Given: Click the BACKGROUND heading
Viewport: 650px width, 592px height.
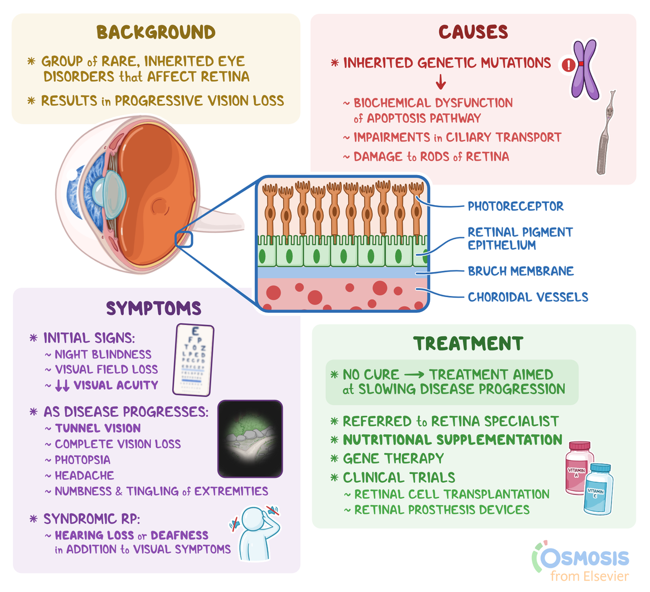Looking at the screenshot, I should [x=156, y=32].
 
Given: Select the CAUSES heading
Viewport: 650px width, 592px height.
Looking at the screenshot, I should [x=473, y=32].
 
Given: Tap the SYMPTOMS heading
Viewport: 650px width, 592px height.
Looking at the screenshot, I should [x=153, y=308].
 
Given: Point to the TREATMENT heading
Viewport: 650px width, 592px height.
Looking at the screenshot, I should [x=468, y=343].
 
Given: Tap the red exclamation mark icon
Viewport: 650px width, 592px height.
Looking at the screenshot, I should [x=568, y=65].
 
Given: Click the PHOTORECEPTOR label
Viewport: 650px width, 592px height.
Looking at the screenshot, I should [x=515, y=206].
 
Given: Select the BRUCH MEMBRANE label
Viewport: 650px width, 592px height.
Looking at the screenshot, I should [x=520, y=271].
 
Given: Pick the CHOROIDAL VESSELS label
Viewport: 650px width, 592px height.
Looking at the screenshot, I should [x=527, y=297].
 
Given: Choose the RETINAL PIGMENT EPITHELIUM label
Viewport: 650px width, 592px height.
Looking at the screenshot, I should [x=520, y=239].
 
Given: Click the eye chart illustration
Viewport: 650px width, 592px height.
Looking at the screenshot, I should [x=193, y=360].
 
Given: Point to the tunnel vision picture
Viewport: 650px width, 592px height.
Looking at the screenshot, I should [x=250, y=439].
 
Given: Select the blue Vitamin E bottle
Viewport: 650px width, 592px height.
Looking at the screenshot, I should [x=598, y=489].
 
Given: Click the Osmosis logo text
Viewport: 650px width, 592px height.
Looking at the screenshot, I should [x=583, y=558].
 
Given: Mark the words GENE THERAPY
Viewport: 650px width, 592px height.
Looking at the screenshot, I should [x=393, y=459].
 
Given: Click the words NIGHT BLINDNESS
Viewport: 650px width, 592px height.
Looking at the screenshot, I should [x=103, y=355].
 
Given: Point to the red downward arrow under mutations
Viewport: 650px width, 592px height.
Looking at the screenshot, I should [x=441, y=83].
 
